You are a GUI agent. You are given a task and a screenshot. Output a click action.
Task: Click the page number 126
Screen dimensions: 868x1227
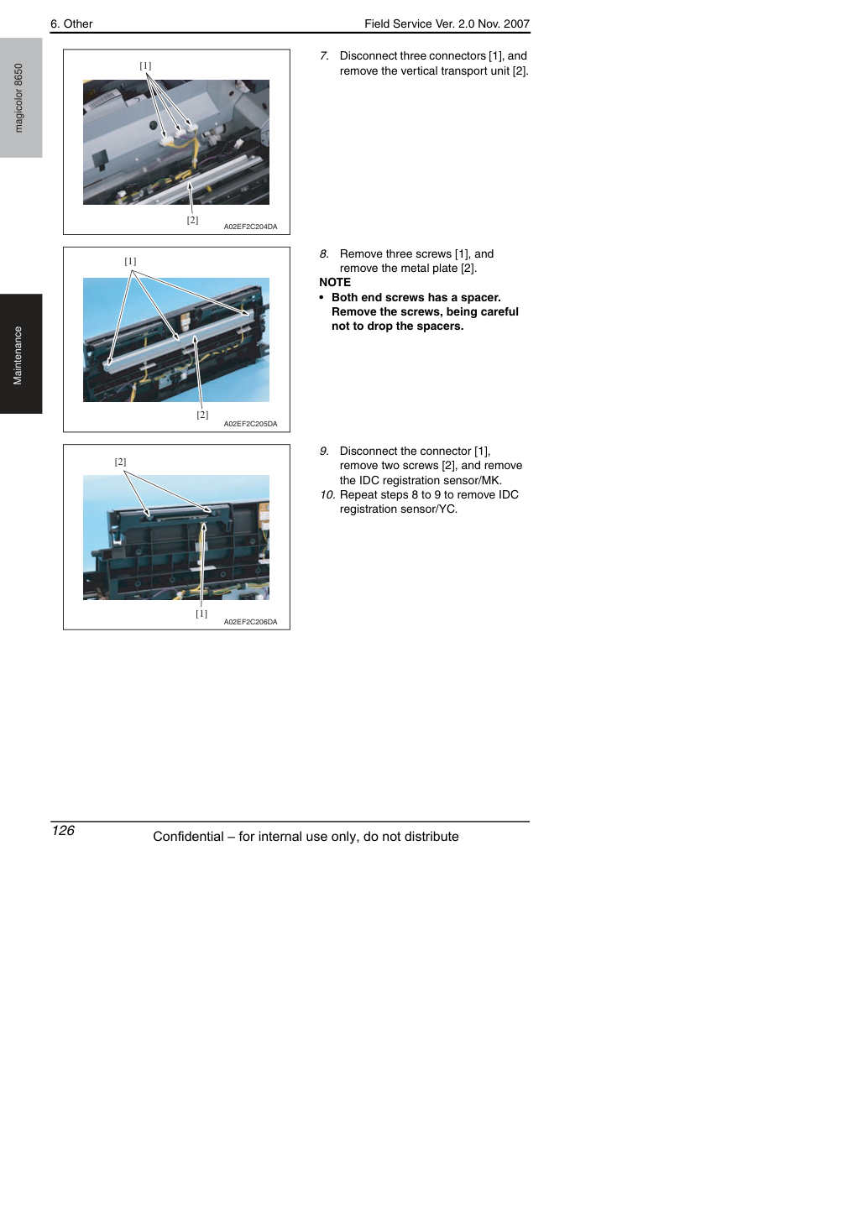(63, 831)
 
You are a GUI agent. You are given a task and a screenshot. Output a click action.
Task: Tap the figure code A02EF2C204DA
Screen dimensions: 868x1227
(250, 227)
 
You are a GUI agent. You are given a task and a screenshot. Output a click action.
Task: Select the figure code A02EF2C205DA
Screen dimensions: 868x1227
(250, 424)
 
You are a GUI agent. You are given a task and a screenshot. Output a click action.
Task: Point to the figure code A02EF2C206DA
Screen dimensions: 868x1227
(250, 622)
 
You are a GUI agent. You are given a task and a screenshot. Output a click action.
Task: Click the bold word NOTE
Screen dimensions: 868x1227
(335, 283)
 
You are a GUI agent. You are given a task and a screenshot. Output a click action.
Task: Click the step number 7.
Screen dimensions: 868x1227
(324, 56)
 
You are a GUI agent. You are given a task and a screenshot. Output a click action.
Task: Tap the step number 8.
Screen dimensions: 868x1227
(324, 254)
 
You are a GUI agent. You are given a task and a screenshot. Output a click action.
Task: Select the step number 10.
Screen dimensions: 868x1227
(327, 495)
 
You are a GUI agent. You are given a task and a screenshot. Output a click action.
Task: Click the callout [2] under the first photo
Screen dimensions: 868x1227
(192, 220)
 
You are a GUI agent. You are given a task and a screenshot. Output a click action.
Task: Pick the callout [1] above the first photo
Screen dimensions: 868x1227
(145, 65)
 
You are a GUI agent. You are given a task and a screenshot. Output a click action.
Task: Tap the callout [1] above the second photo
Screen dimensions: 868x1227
(130, 261)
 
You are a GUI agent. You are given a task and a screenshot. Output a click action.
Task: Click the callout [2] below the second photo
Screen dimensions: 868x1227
(203, 415)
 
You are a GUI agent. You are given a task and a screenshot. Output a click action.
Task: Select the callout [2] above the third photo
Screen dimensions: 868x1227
(121, 462)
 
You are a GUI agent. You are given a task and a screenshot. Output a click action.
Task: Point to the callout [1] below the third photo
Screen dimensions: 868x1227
(201, 613)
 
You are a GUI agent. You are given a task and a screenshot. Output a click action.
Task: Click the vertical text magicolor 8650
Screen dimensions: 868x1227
(18, 98)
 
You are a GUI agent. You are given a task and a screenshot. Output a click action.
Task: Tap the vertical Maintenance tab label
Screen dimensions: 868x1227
(18, 356)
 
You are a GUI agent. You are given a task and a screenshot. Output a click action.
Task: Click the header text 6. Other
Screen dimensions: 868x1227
(71, 24)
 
